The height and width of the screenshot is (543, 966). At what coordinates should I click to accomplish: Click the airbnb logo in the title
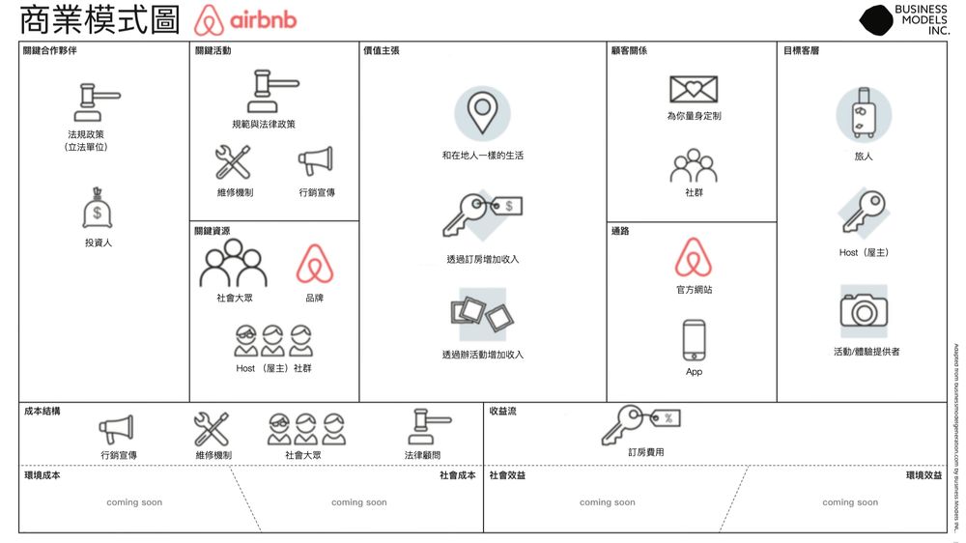click(245, 20)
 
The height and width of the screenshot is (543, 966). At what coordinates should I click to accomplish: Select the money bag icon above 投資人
click(98, 209)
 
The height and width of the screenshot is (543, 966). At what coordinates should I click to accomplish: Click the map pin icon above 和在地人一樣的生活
click(482, 113)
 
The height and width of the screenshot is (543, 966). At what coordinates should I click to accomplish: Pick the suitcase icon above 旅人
click(863, 115)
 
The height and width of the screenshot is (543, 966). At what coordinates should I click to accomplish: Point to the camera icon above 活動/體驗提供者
click(863, 309)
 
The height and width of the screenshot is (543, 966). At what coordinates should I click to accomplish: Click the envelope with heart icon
click(694, 89)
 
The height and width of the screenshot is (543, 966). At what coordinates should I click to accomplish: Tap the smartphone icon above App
click(694, 340)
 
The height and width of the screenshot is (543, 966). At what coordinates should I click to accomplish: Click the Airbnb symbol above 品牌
click(314, 265)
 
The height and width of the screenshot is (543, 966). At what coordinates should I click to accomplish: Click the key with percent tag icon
click(640, 423)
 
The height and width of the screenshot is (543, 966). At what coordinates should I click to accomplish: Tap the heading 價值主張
click(381, 50)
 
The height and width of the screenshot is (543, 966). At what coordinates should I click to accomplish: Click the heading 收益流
click(502, 411)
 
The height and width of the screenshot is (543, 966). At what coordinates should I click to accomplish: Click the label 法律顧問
click(422, 455)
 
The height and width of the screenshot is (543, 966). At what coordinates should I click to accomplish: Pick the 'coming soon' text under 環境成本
click(134, 502)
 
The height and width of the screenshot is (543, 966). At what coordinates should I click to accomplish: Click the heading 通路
click(620, 231)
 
